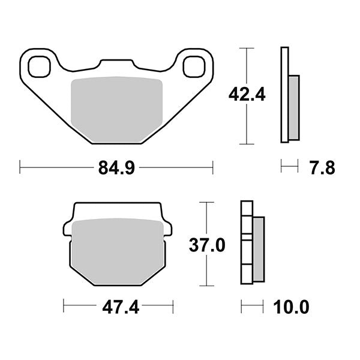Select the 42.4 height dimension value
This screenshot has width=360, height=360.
point(246,95)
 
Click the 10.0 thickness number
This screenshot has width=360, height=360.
point(292,308)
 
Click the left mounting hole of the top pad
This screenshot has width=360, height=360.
point(39,66)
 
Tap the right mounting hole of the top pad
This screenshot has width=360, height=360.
point(194,66)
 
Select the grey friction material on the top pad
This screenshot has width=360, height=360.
point(117,108)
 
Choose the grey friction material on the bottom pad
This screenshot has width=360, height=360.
point(118,249)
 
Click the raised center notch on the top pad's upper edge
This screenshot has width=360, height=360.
point(118,62)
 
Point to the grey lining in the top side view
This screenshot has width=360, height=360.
point(293,107)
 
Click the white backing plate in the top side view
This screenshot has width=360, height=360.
point(284,95)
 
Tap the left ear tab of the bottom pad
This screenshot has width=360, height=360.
point(67,229)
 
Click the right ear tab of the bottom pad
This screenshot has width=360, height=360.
point(168,229)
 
